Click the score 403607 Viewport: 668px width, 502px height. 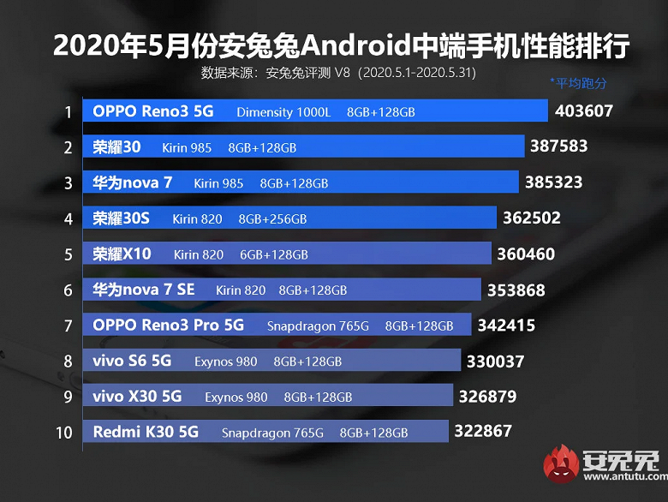coord(584,111)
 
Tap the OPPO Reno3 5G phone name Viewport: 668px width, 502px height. coord(153,111)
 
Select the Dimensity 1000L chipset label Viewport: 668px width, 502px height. coord(283,112)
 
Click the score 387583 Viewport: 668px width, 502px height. coord(559,146)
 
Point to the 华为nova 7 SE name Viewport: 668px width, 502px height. coord(144,290)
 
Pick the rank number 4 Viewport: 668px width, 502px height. coord(68,218)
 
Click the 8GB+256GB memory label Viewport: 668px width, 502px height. coord(272,219)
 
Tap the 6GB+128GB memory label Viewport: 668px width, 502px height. coord(273,254)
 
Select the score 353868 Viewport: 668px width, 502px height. coord(516,290)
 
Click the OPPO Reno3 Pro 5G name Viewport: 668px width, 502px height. coord(169,326)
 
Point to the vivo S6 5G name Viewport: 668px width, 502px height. coord(132,362)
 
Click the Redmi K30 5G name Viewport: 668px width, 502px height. coord(146,433)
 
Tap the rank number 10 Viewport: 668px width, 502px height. coord(64,433)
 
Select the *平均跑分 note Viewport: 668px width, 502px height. coord(578,83)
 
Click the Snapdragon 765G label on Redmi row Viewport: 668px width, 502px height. coord(272,433)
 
